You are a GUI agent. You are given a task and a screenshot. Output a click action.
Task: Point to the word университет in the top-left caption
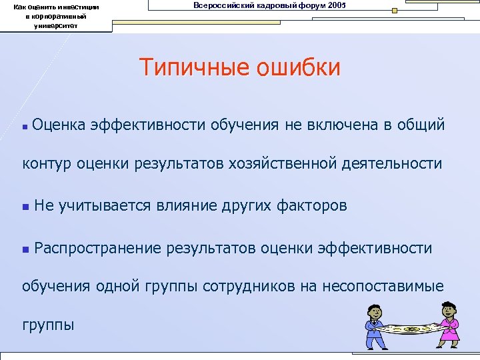57,25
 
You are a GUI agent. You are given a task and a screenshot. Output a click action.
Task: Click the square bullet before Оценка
25,125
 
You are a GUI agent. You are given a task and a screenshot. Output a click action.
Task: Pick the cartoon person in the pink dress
447,323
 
